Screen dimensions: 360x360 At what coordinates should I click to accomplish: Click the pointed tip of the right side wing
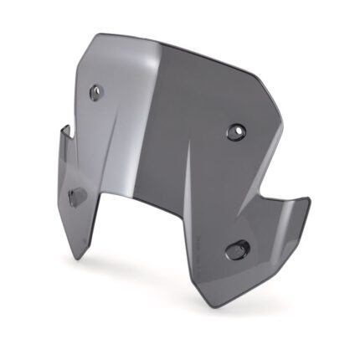311,201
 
